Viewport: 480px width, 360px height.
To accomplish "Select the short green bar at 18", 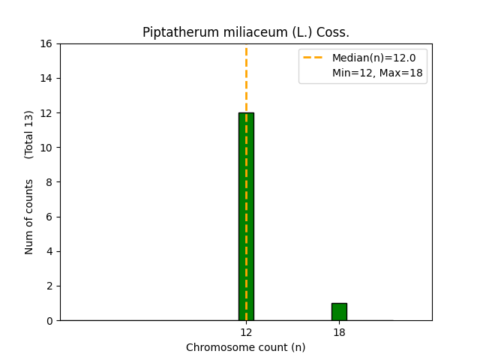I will tap(339, 311).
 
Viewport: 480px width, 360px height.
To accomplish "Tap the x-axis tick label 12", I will tap(246, 332).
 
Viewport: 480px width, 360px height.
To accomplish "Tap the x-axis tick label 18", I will tap(339, 332).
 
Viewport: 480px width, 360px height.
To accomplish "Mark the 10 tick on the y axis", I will tap(48, 148).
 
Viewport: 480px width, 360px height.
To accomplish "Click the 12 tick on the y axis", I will tap(48, 113).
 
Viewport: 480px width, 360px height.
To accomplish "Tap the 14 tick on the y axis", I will tap(48, 78).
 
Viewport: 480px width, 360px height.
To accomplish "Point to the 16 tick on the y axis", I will tap(48, 43).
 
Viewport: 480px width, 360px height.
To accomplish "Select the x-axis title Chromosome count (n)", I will tap(246, 347).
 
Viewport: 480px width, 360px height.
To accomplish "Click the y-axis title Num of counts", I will tap(29, 216).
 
